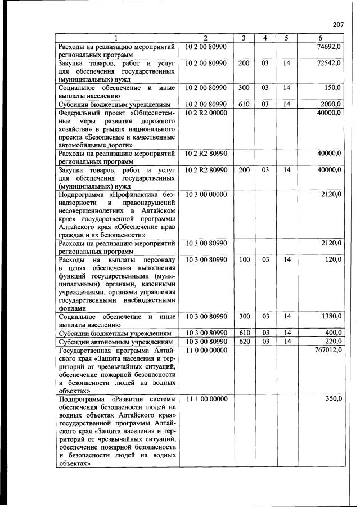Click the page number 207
tap(337, 24)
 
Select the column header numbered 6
tap(320, 38)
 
